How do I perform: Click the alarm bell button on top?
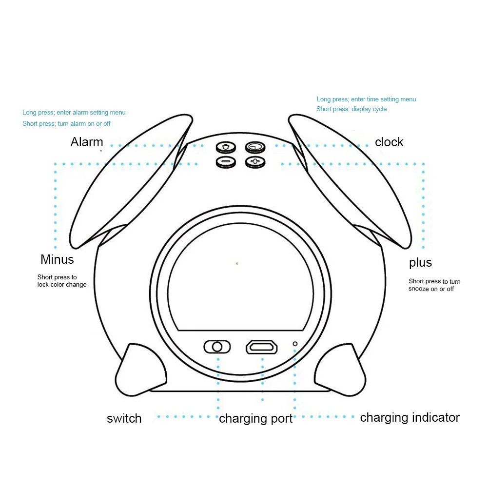[226, 147]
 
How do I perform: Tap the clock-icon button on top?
[255, 147]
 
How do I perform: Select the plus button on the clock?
[255, 162]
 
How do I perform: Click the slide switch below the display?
[217, 347]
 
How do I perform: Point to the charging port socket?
[262, 347]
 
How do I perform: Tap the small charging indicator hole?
[295, 344]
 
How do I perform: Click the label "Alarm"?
[86, 142]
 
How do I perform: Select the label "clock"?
[389, 142]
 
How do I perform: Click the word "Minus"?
[57, 259]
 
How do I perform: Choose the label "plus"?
[420, 263]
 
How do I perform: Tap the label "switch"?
[124, 419]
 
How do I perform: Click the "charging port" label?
[256, 419]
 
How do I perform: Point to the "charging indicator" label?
[410, 418]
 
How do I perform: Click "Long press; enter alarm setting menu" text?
[74, 112]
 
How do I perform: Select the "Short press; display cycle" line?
[351, 109]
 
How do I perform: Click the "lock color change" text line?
[62, 284]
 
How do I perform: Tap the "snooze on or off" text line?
[431, 289]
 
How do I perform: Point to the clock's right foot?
[340, 370]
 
